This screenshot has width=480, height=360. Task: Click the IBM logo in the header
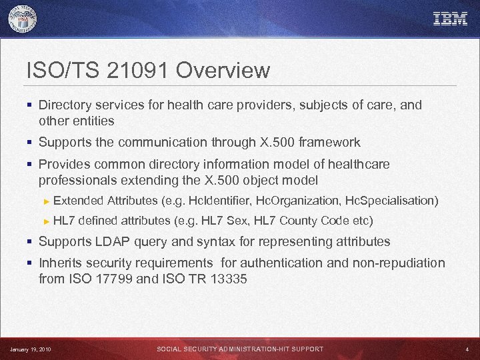pos(451,19)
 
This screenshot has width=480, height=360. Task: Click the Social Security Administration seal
pos(23,19)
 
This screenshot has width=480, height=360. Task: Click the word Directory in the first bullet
pos(64,105)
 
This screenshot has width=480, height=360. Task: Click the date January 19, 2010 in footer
pos(30,349)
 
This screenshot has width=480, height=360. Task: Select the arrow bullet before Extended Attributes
pos(46,201)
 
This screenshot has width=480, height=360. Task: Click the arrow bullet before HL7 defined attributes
pos(46,221)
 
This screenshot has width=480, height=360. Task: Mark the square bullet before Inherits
pos(31,263)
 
